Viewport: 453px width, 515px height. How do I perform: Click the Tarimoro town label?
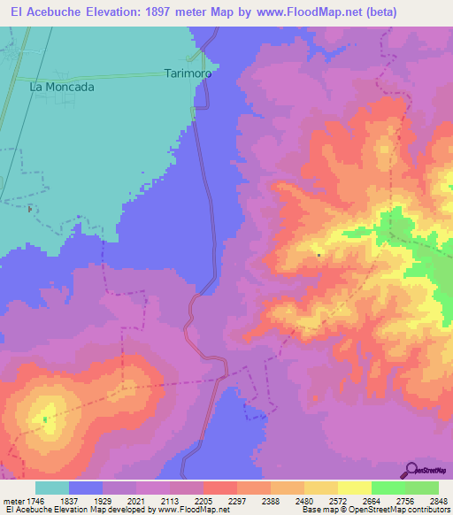[188, 74]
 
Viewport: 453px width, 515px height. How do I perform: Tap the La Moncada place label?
[62, 87]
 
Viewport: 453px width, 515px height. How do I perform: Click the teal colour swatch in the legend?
[52, 488]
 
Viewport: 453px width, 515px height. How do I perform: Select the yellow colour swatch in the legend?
[354, 488]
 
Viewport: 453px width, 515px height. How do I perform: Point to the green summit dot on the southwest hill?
[44, 419]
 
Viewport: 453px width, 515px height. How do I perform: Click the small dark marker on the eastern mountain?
[319, 256]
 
